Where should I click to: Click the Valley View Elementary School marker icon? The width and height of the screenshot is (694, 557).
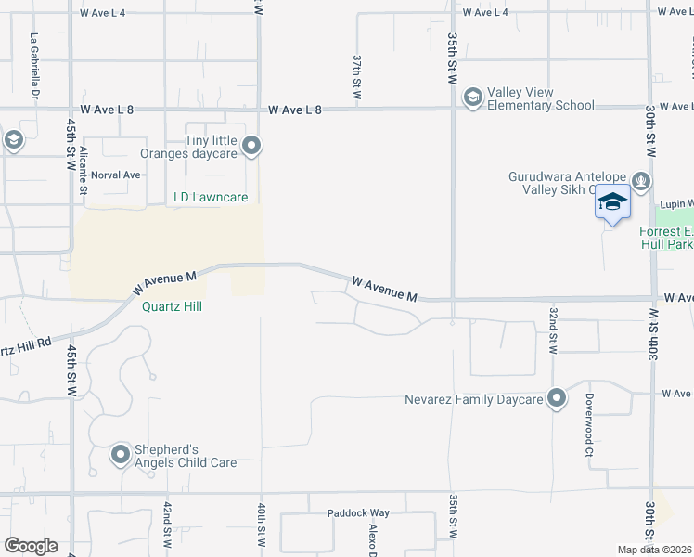click(472, 97)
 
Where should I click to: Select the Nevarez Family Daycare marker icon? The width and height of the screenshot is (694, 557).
click(557, 399)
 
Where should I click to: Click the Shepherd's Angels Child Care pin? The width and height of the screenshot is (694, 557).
click(121, 455)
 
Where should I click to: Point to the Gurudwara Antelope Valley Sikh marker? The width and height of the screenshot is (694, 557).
click(640, 179)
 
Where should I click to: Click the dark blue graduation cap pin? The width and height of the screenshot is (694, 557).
click(612, 203)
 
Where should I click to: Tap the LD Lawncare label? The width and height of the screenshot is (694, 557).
click(211, 197)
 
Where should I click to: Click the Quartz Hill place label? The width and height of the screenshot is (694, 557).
click(172, 306)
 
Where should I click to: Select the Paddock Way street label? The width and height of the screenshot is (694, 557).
click(358, 512)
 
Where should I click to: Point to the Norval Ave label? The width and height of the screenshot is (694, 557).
click(116, 175)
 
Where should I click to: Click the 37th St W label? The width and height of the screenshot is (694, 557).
click(356, 76)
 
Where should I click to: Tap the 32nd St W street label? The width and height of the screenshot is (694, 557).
click(553, 330)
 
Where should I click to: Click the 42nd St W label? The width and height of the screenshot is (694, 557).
click(167, 526)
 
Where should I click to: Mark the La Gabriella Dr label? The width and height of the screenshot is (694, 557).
click(35, 67)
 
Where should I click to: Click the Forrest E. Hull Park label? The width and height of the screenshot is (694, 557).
click(666, 239)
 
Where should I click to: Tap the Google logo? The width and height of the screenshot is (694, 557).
click(31, 546)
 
